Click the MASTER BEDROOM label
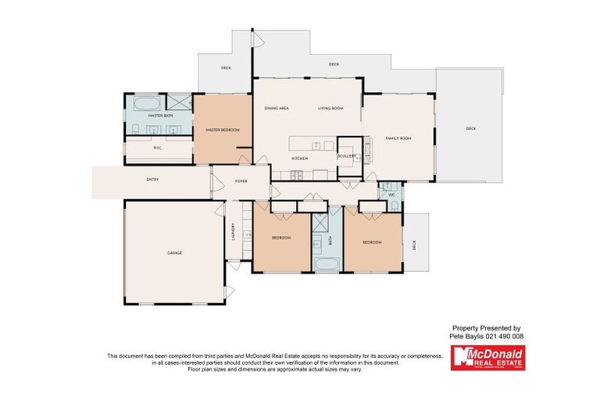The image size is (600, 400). tap(222, 130)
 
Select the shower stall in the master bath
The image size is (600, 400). tap(180, 102)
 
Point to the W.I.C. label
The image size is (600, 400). tap(157, 146)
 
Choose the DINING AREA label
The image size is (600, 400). tap(277, 109)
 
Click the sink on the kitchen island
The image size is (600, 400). tap(316, 145)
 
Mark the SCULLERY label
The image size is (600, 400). tap(347, 155)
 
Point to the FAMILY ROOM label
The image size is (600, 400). tap(398, 138)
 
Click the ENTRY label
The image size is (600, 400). tap(152, 180)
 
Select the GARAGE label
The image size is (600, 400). tap(173, 253)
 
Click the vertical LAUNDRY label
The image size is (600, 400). tap(233, 231)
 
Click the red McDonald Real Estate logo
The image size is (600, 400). tap(488, 358)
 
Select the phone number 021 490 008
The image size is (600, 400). tap(505, 336)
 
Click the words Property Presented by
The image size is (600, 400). tap(486, 328)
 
